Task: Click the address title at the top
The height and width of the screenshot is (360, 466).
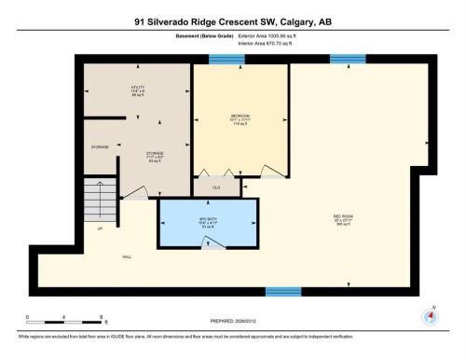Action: point(232,21)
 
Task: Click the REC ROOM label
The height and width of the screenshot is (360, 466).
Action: point(343,220)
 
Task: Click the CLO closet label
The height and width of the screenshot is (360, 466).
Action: point(215,187)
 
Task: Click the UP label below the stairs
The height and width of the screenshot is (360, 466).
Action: point(100,227)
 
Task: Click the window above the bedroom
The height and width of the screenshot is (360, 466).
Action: point(226,60)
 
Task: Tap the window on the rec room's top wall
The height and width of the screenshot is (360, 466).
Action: point(348,60)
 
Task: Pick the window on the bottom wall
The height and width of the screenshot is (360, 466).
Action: point(283,292)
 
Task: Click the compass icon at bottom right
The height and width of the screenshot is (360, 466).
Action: point(430,316)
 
